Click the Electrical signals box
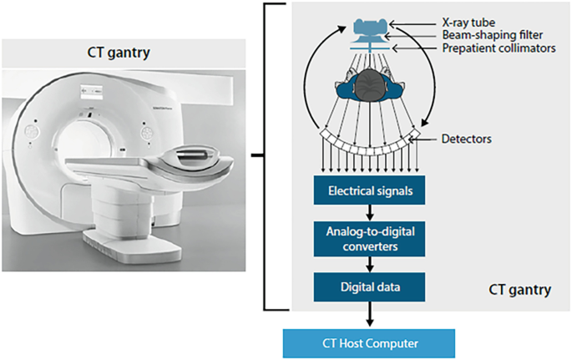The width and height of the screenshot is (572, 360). coord(370,191)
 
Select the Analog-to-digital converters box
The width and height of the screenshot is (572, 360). coord(370,239)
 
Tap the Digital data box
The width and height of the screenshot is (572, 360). coord(370,286)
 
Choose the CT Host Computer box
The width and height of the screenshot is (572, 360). coord(371,342)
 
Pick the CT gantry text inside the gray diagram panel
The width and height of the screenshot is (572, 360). coord(519,291)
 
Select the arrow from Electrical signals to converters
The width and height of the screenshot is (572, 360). coord(370,214)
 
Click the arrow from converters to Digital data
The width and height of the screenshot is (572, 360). coord(370,262)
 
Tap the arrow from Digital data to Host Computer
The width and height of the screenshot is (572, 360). coord(370,315)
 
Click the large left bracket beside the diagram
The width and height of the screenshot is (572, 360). coord(266,155)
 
